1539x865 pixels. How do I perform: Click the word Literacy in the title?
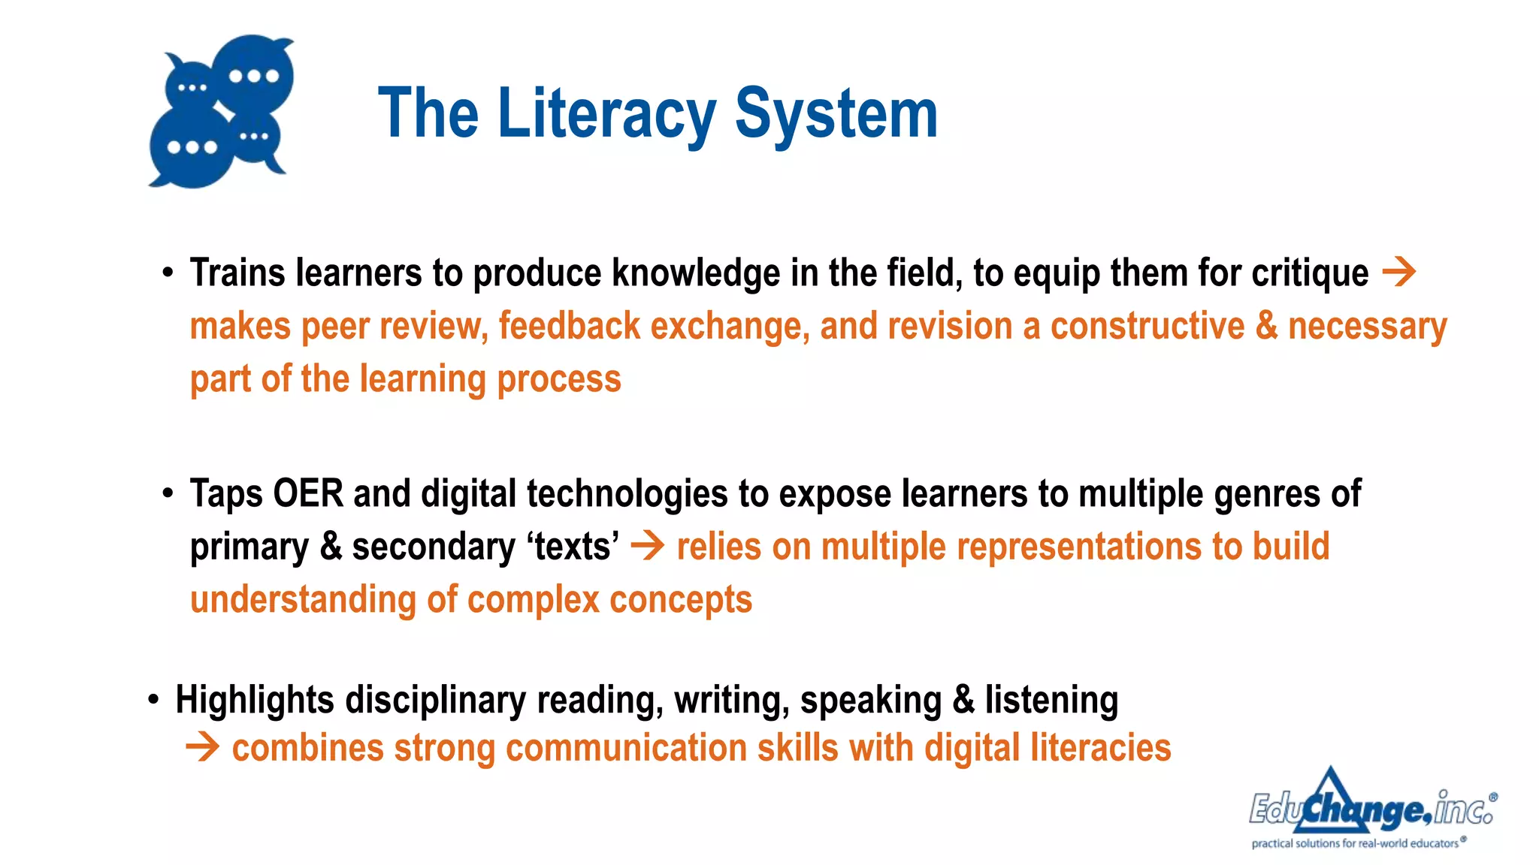pyautogui.click(x=606, y=114)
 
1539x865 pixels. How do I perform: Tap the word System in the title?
pyautogui.click(x=836, y=114)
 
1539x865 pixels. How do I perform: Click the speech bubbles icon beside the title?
pyautogui.click(x=222, y=111)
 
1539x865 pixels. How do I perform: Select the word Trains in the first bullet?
pyautogui.click(x=237, y=273)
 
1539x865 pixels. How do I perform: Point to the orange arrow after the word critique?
pyautogui.click(x=1398, y=272)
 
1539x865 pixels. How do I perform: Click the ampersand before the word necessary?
pyautogui.click(x=1266, y=326)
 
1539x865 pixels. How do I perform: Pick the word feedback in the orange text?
pyautogui.click(x=569, y=326)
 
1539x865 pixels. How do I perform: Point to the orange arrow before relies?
pyautogui.click(x=647, y=546)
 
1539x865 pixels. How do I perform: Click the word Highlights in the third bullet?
pyautogui.click(x=255, y=701)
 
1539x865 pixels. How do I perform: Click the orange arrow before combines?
pyautogui.click(x=202, y=748)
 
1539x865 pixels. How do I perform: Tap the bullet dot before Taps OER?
pyautogui.click(x=168, y=494)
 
